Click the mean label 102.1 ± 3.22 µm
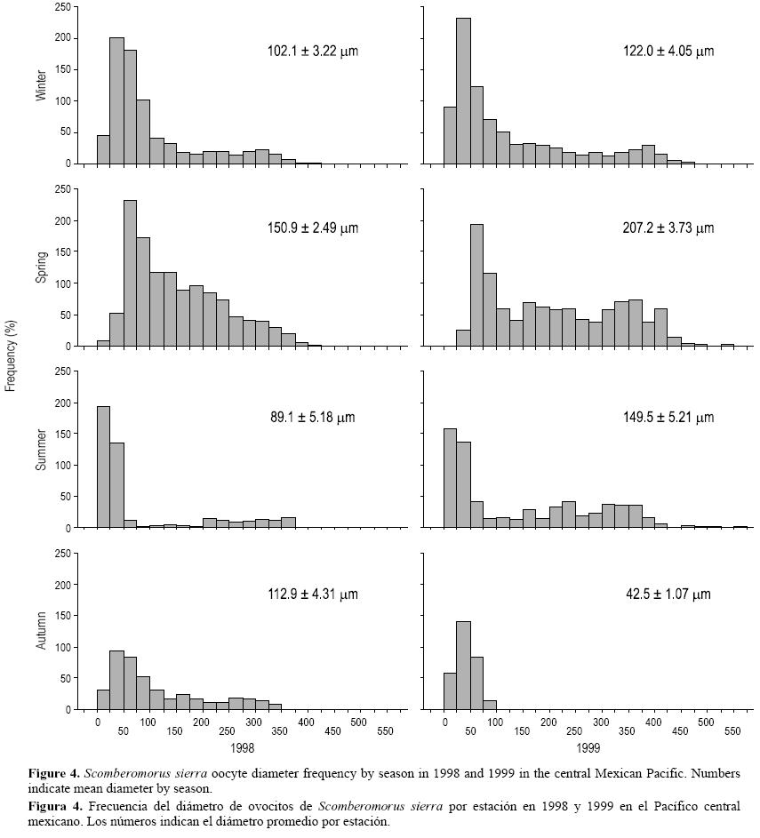coord(312,52)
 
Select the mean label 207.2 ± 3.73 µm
coord(668,228)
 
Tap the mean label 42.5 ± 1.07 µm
coord(668,595)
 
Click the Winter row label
coord(41,85)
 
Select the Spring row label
coord(41,267)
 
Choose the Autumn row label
coord(41,631)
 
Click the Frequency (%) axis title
coord(11,356)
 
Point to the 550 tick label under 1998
coord(386,732)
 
